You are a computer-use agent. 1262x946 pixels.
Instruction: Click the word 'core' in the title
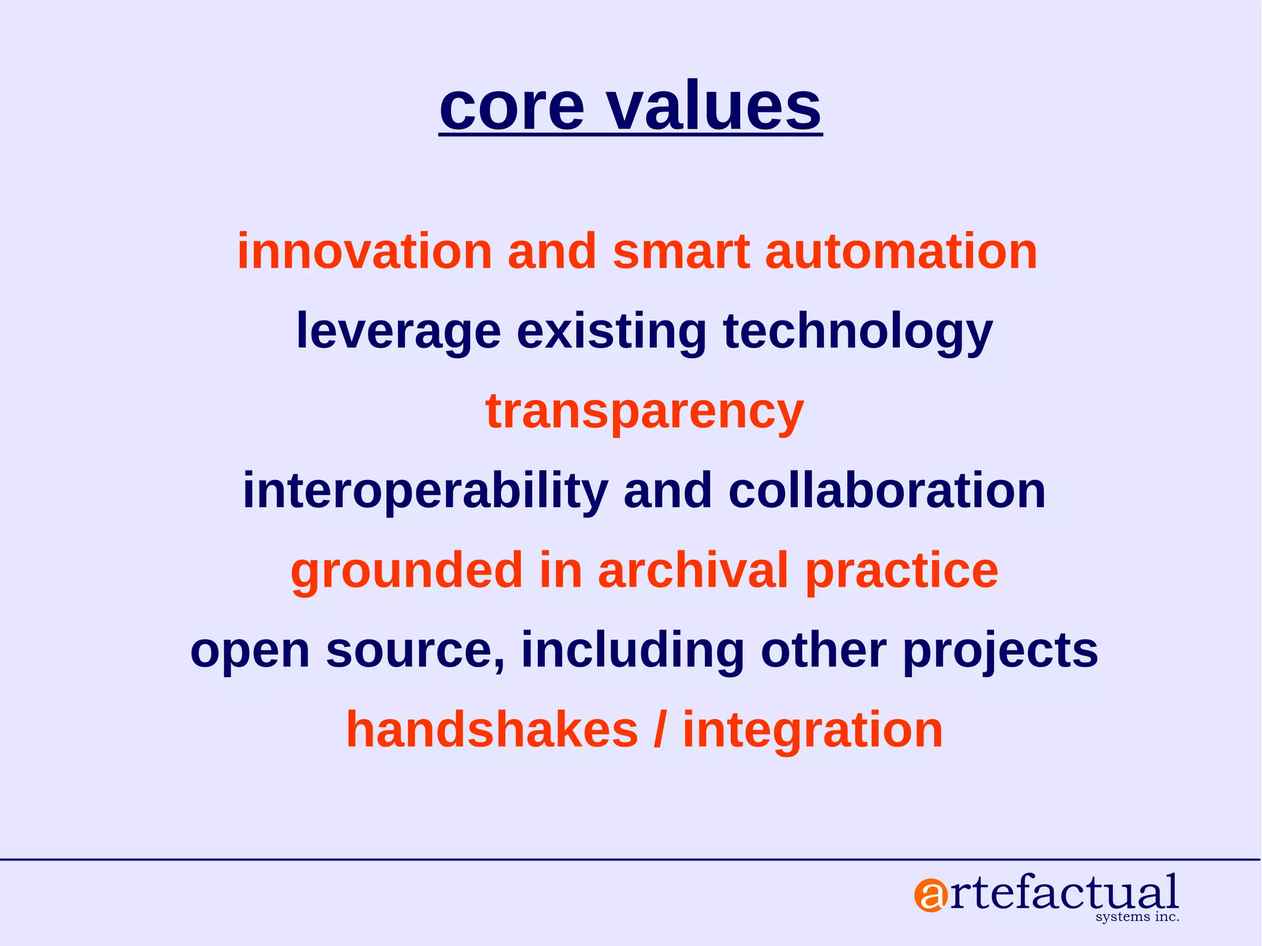[x=511, y=108]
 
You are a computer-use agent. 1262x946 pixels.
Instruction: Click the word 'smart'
[x=681, y=253]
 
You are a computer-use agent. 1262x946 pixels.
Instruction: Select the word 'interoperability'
[x=425, y=491]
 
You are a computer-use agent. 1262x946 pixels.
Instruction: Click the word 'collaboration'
[x=887, y=491]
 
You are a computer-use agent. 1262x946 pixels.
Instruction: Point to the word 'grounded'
[x=407, y=571]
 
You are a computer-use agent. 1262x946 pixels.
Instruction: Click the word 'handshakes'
[x=492, y=730]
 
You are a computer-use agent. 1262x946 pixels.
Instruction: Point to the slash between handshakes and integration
[x=661, y=730]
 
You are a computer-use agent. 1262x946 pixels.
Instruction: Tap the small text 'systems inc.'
[x=1137, y=917]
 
